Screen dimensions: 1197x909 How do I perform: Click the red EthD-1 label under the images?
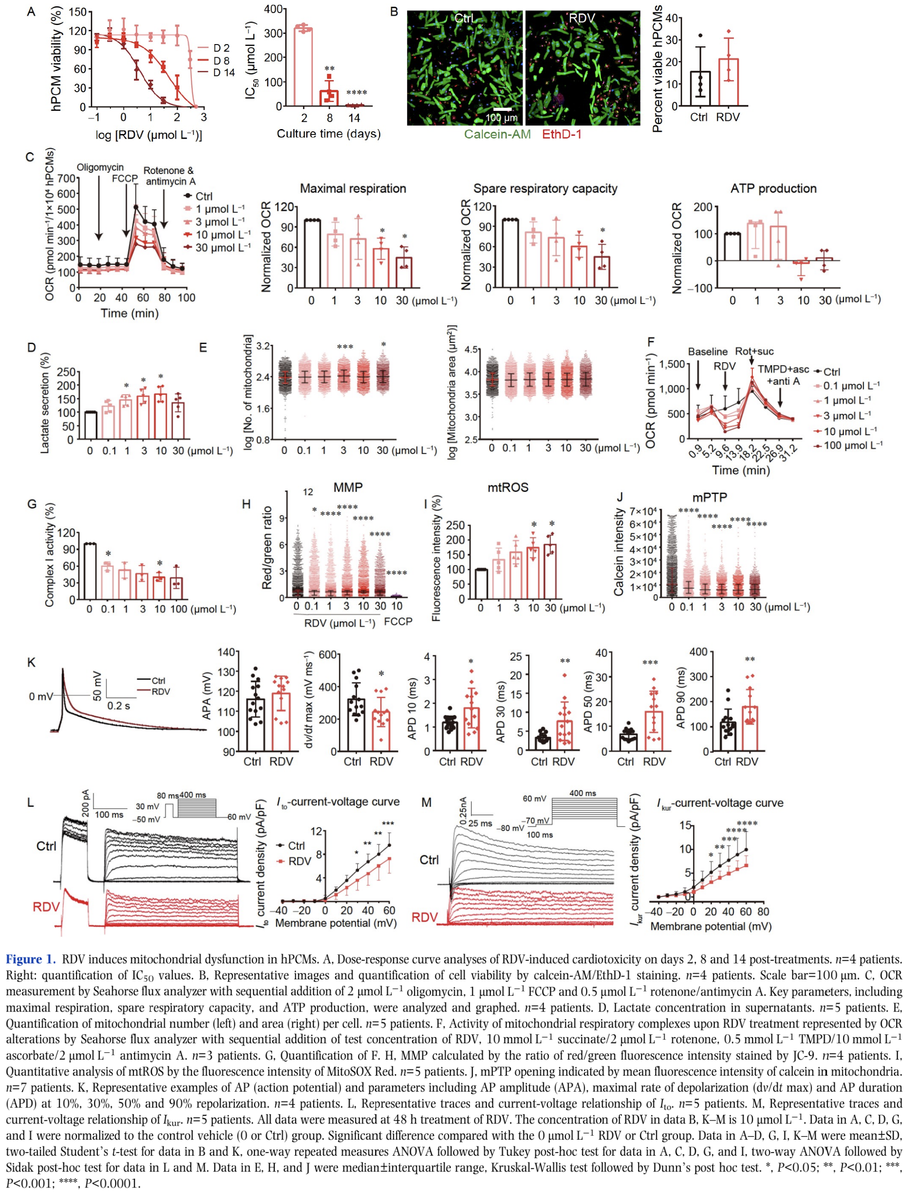(562, 134)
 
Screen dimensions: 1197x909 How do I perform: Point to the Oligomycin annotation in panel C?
(100, 168)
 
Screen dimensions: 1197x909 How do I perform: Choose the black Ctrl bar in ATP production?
(733, 247)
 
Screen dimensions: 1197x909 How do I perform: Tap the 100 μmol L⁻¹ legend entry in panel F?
(852, 446)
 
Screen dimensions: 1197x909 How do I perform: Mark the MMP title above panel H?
(348, 488)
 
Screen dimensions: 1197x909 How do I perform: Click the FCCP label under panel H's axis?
(398, 622)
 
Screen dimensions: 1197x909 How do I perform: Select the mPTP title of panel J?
(709, 497)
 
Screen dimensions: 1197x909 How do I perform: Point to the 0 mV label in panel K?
(40, 697)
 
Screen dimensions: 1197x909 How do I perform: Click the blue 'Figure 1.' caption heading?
(31, 959)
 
